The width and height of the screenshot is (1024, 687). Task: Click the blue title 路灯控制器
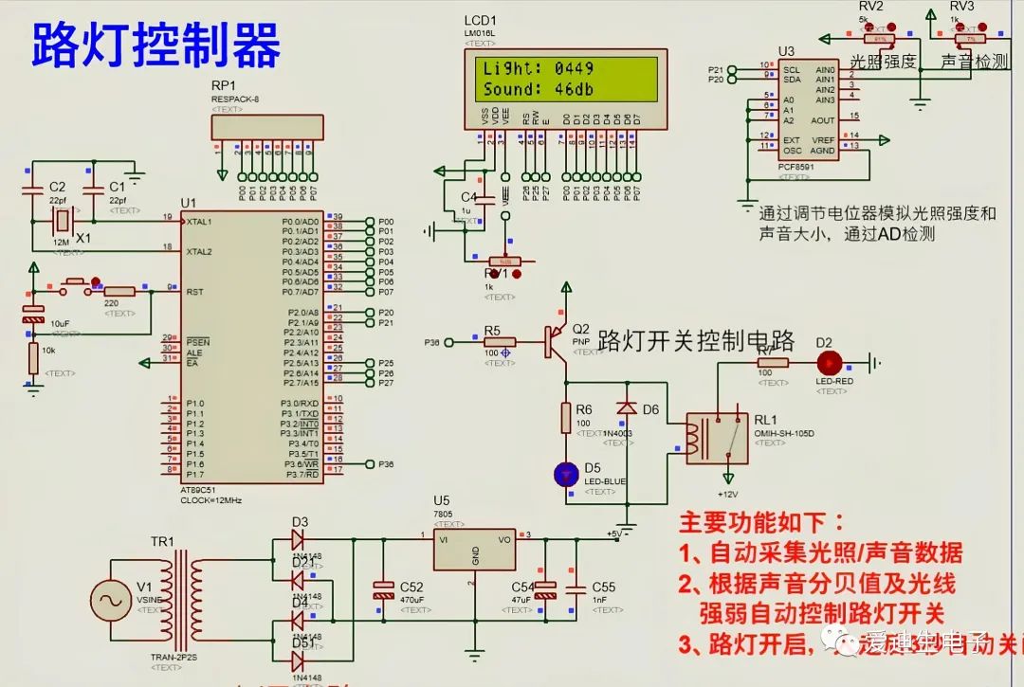tap(156, 45)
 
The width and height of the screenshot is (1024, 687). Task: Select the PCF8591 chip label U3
tap(785, 50)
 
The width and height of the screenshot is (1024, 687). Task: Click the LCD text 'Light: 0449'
tap(538, 68)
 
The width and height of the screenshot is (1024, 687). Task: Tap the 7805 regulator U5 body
tap(474, 549)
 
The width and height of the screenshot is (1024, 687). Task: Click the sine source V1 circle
tap(111, 602)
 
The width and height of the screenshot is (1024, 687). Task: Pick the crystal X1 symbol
tap(62, 221)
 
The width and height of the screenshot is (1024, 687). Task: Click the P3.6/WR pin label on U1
tap(301, 463)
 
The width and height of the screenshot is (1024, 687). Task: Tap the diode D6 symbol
tap(626, 407)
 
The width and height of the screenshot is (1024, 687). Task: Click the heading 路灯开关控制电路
tap(696, 341)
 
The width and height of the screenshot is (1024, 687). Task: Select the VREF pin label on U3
tap(823, 139)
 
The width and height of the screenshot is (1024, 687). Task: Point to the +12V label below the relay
tap(727, 495)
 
